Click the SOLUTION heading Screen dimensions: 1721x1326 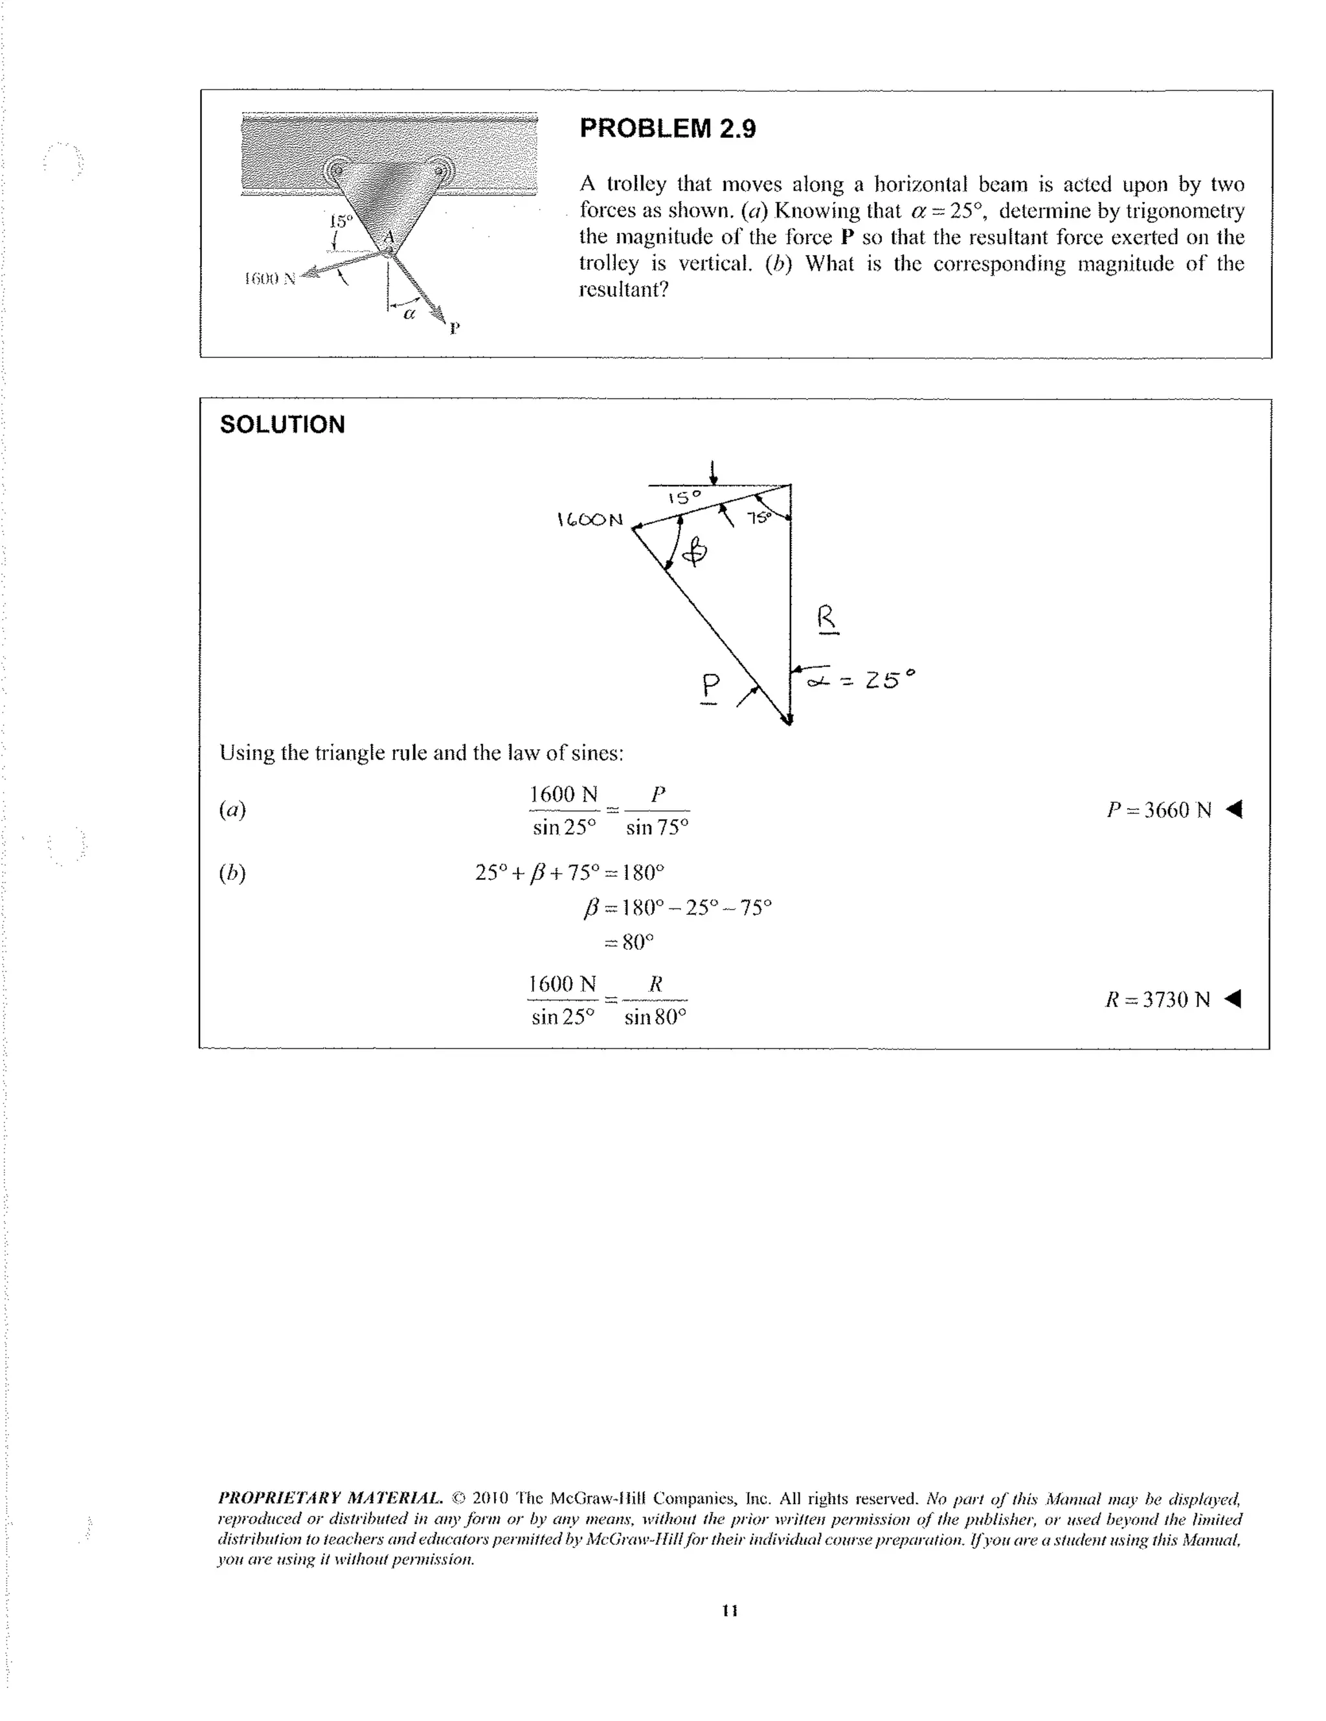point(282,425)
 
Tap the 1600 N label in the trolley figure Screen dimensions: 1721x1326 point(269,278)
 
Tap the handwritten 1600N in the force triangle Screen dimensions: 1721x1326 point(589,520)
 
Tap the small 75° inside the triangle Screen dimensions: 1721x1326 point(759,518)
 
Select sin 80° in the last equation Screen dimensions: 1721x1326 point(655,1017)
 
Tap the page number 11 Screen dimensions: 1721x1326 point(730,1611)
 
